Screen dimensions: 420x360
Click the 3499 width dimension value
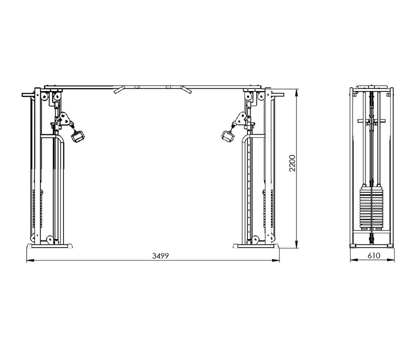click(161, 256)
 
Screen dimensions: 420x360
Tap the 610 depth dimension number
click(374, 256)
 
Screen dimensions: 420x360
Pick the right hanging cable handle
click(228, 136)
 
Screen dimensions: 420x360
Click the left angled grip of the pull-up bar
click(119, 89)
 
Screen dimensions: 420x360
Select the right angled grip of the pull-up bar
click(186, 89)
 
